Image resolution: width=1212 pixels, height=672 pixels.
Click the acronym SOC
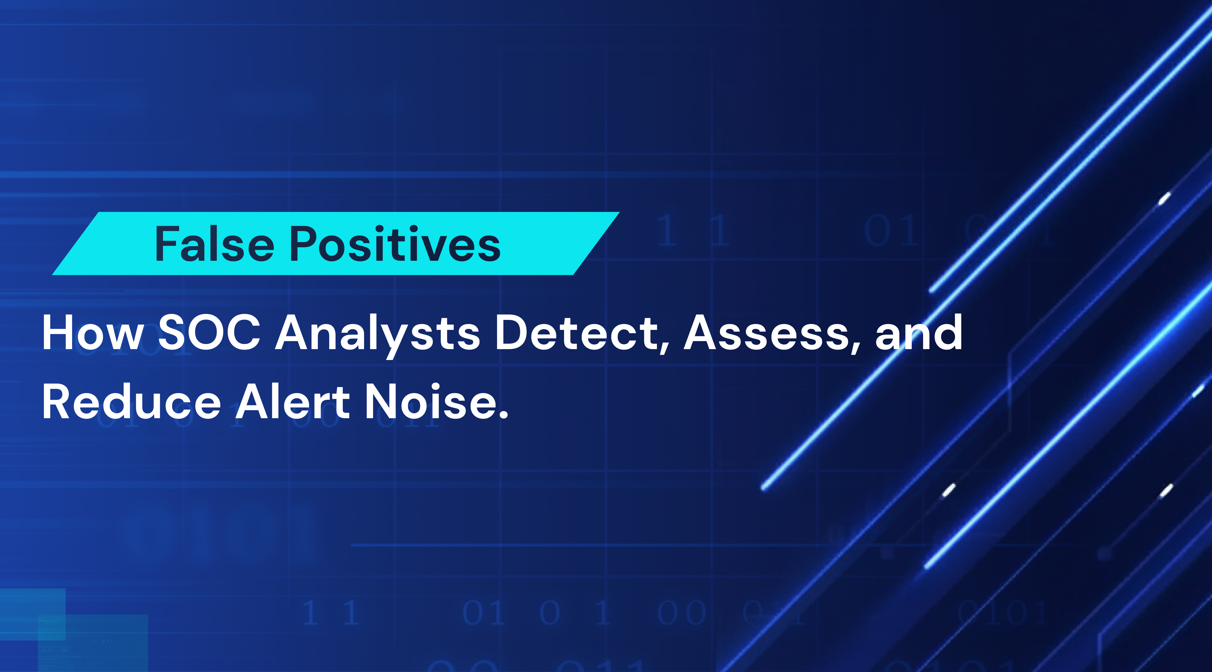pyautogui.click(x=209, y=333)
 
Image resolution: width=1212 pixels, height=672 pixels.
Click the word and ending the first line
pyautogui.click(x=918, y=333)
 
